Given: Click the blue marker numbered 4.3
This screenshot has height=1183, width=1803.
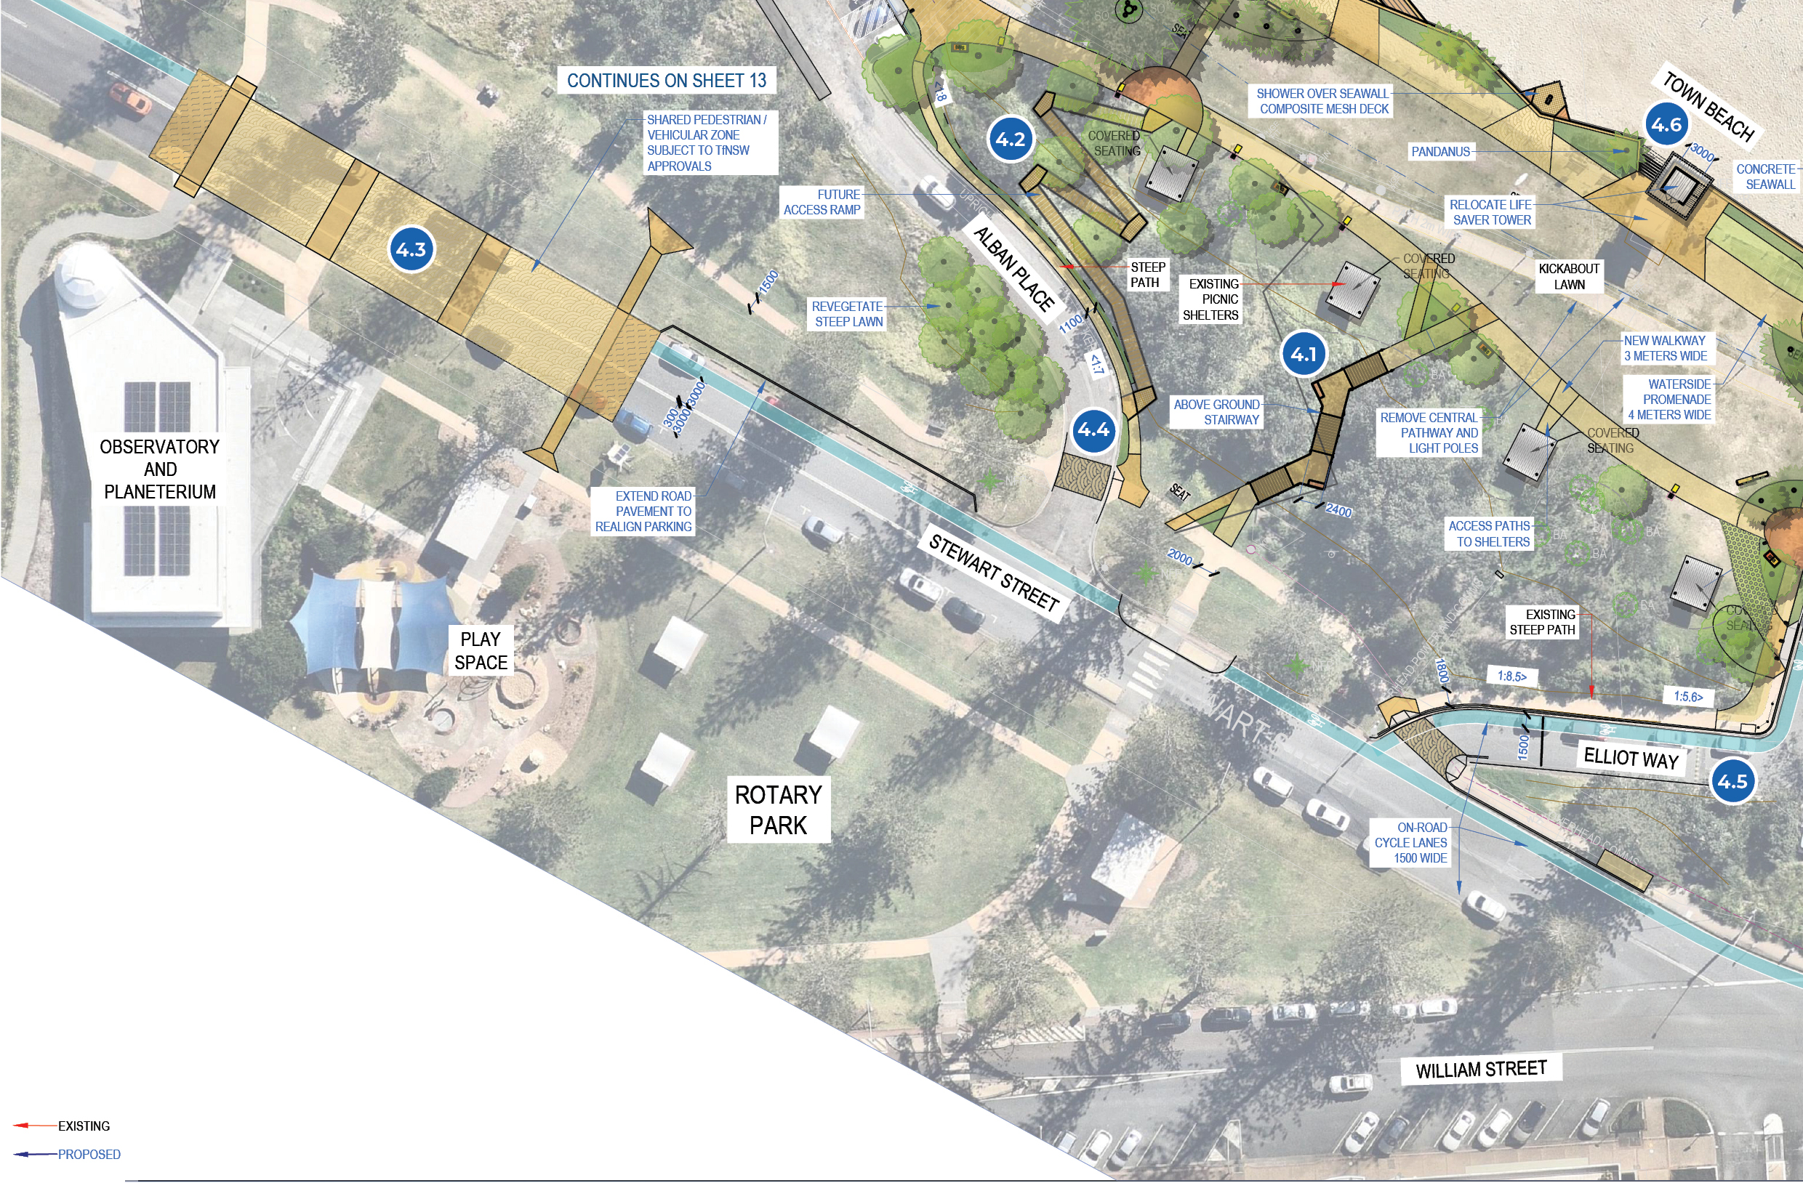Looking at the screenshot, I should pos(411,249).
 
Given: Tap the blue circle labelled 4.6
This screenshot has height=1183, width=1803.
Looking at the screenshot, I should pos(1666,124).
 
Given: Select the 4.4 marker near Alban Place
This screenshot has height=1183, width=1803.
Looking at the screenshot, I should pos(1093,430).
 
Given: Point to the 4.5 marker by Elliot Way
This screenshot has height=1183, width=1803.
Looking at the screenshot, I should pos(1732,781).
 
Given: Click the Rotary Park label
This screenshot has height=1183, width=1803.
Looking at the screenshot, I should pos(778,809).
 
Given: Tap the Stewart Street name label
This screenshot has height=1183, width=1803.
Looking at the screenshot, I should pos(993,573).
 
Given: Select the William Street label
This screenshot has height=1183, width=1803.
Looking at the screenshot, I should pos(1480,1069).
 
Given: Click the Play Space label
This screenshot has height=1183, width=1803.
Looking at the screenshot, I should pos(481,650).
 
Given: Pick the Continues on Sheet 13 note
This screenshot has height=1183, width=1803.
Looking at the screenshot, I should pos(666,80).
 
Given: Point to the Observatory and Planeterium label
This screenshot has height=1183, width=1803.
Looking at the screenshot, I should pos(160,469).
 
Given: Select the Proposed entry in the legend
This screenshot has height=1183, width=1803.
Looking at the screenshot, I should pos(89,1154).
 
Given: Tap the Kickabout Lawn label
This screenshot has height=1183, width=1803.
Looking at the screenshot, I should pos(1568,276).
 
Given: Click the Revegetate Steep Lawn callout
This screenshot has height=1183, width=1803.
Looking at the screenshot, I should pos(848,313).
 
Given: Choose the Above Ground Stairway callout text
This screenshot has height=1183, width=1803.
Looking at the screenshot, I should pos(1216,412).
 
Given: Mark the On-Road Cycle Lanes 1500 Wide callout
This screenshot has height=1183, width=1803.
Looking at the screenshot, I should pos(1410,842).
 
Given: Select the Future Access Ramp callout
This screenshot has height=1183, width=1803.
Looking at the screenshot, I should pos(822,202).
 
